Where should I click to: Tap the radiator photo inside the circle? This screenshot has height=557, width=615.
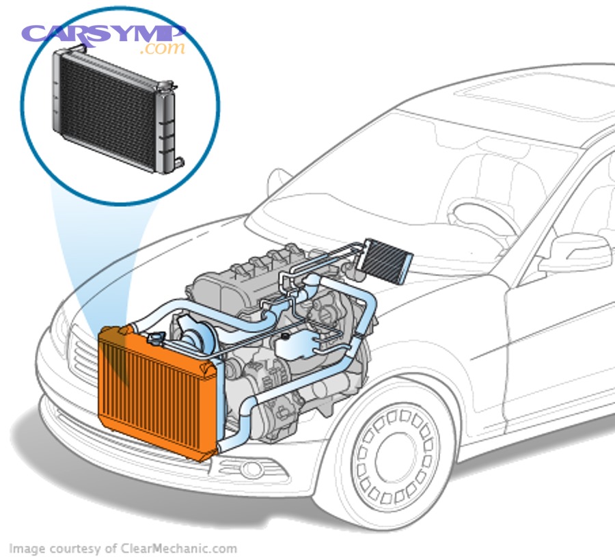point(113,109)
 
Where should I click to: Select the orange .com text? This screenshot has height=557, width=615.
point(163,49)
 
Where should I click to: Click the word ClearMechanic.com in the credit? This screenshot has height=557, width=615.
point(179,548)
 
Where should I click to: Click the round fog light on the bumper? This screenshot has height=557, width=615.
point(251,470)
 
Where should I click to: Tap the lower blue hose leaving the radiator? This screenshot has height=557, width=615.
point(239,427)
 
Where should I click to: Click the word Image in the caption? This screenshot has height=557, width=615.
point(25,548)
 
